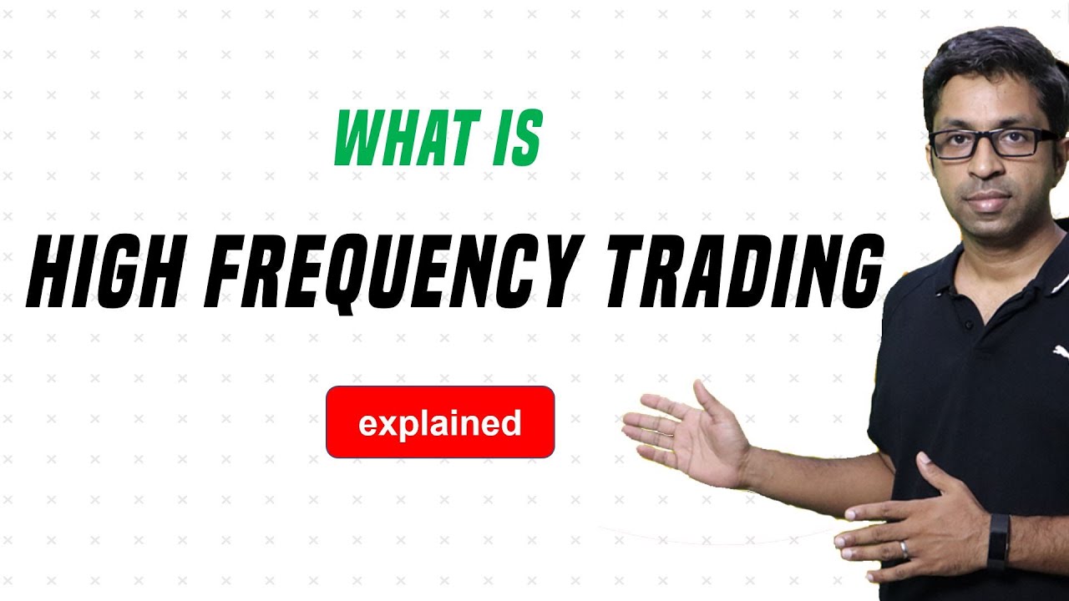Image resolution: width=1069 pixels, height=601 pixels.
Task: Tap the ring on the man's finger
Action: point(904,549)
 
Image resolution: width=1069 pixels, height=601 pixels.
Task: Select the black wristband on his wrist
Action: point(998,541)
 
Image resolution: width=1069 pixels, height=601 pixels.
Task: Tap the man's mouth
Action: point(989,200)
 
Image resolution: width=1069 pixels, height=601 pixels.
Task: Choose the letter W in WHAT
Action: point(357,139)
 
